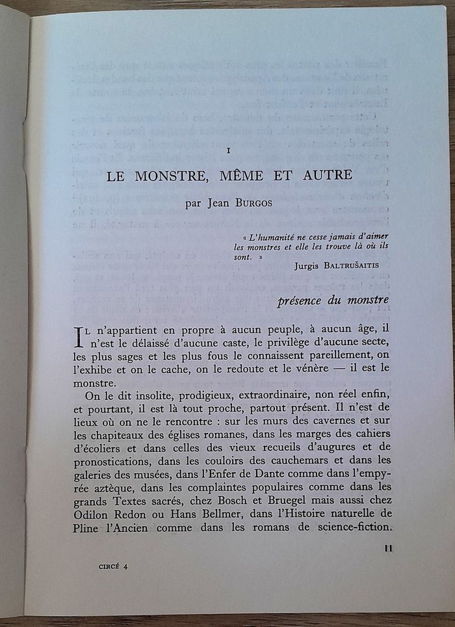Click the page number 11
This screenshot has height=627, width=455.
[388, 548]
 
